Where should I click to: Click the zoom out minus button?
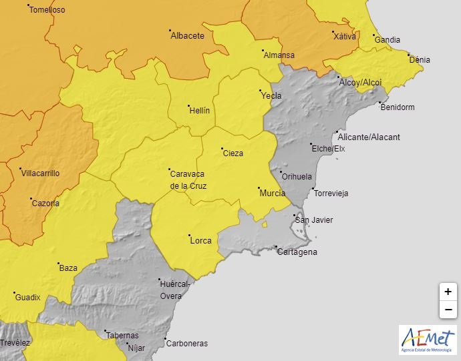click(448, 310)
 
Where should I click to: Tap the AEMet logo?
click(428, 340)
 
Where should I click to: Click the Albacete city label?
click(188, 36)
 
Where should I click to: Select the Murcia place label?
click(272, 193)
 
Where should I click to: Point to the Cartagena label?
click(297, 252)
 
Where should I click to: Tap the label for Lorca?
click(201, 240)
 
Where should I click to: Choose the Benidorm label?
click(398, 107)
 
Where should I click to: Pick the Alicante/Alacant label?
click(369, 137)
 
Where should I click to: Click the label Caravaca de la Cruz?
click(188, 179)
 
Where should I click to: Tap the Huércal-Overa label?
click(176, 289)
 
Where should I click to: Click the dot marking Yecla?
click(261, 91)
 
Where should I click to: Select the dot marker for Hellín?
click(189, 105)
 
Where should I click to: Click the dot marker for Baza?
click(58, 264)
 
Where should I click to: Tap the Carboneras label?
click(187, 344)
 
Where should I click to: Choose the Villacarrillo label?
click(41, 173)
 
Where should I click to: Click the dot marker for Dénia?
click(409, 55)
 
